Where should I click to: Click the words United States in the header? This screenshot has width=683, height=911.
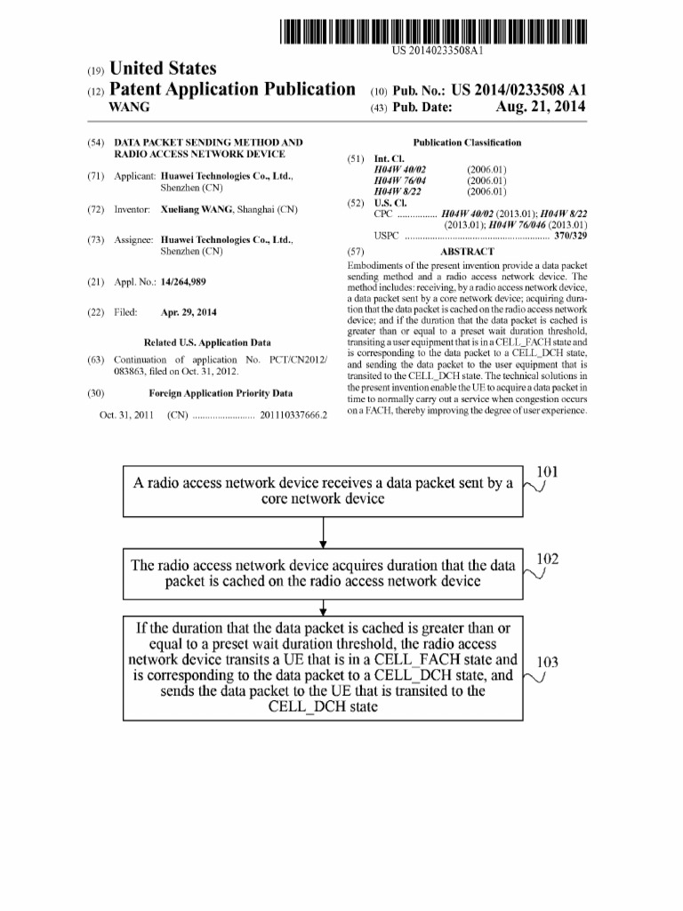coord(161,69)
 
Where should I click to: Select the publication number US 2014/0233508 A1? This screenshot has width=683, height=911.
coord(519,90)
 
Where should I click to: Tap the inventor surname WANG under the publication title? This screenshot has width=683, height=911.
coord(128,108)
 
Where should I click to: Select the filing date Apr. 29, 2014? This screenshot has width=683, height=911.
coord(189,312)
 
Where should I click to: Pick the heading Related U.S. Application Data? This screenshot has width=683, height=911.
coord(207,343)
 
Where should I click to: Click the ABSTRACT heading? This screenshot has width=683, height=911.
coord(467,252)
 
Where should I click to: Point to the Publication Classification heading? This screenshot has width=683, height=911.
coord(467,142)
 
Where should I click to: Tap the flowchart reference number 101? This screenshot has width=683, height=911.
coord(548,472)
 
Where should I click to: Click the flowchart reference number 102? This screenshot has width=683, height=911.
coord(548,559)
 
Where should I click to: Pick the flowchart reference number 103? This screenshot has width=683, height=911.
coord(548,662)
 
